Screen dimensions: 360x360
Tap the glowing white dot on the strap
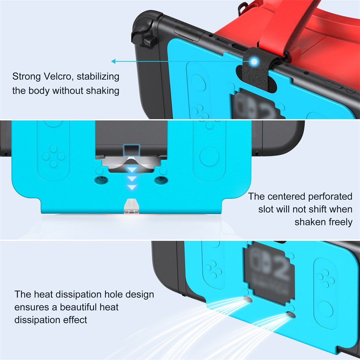255,62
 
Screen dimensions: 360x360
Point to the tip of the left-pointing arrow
113,62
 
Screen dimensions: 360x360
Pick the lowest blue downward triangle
132,187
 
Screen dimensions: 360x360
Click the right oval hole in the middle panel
159,179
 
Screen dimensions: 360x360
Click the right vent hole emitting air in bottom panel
291,315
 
